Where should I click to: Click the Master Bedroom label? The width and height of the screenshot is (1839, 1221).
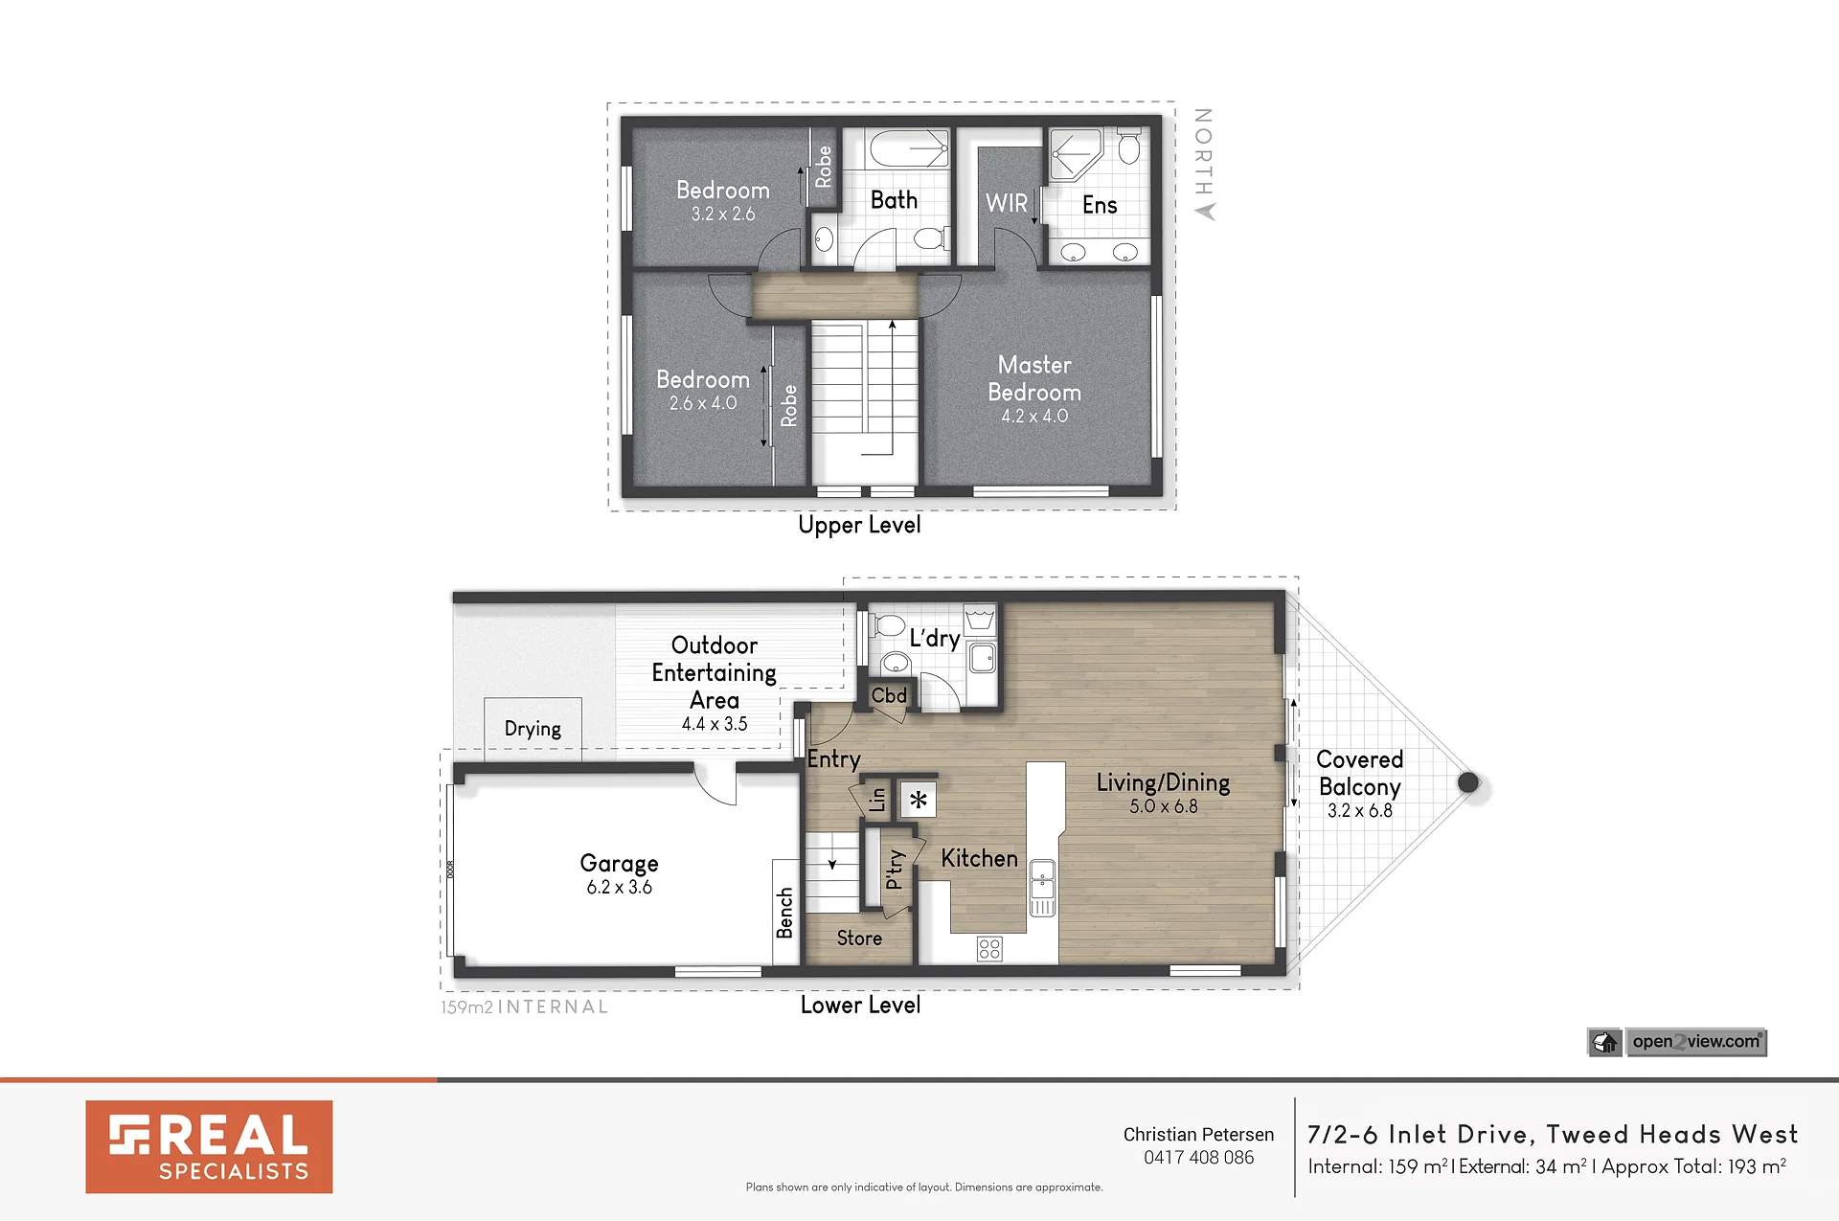click(x=1034, y=378)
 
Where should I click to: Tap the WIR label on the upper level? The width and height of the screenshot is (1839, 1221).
click(x=1006, y=203)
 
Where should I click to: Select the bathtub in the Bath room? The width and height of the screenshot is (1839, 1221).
click(x=908, y=149)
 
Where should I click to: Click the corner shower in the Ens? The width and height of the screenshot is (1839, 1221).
click(x=1076, y=154)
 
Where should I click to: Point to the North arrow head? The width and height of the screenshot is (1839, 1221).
click(x=1205, y=212)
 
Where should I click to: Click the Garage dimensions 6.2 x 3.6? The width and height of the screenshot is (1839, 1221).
click(x=619, y=888)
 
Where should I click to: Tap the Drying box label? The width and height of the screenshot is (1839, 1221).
click(x=533, y=729)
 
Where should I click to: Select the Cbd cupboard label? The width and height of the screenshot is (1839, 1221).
click(x=889, y=695)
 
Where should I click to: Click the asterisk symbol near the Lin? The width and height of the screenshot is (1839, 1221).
click(x=918, y=800)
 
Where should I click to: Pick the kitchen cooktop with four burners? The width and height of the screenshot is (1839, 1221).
click(x=989, y=948)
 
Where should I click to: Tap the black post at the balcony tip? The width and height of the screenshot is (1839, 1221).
click(x=1468, y=782)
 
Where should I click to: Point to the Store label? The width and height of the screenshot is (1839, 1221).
click(x=859, y=938)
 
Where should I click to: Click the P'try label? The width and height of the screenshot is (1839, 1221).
click(x=894, y=870)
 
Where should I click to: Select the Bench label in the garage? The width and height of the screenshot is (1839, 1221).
click(x=784, y=913)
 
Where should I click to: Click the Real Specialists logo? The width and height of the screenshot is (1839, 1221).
click(x=209, y=1146)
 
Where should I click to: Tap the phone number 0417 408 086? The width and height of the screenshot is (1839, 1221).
click(x=1198, y=1158)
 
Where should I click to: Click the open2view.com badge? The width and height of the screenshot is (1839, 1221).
click(x=1677, y=1042)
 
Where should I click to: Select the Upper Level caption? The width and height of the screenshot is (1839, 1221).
click(x=859, y=525)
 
